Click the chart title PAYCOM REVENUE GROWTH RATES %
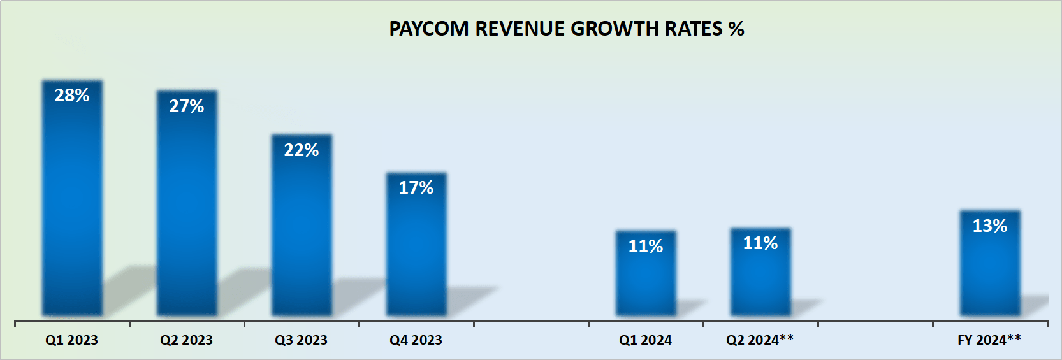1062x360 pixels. pyautogui.click(x=566, y=29)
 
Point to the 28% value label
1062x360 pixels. pyautogui.click(x=72, y=96)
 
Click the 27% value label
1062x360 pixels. pyautogui.click(x=187, y=106)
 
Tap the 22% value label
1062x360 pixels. pyautogui.click(x=302, y=150)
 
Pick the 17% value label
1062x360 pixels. pyautogui.click(x=416, y=188)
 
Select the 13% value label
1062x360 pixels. pyautogui.click(x=990, y=226)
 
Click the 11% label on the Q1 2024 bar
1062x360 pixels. pyautogui.click(x=646, y=247)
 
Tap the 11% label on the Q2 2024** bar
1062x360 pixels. pyautogui.click(x=760, y=243)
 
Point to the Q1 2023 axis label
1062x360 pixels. pyautogui.click(x=72, y=340)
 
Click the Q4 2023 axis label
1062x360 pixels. pyautogui.click(x=416, y=340)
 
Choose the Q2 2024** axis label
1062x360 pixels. pyautogui.click(x=760, y=340)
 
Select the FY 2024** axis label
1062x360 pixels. pyautogui.click(x=989, y=340)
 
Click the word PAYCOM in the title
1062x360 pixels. pyautogui.click(x=429, y=29)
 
